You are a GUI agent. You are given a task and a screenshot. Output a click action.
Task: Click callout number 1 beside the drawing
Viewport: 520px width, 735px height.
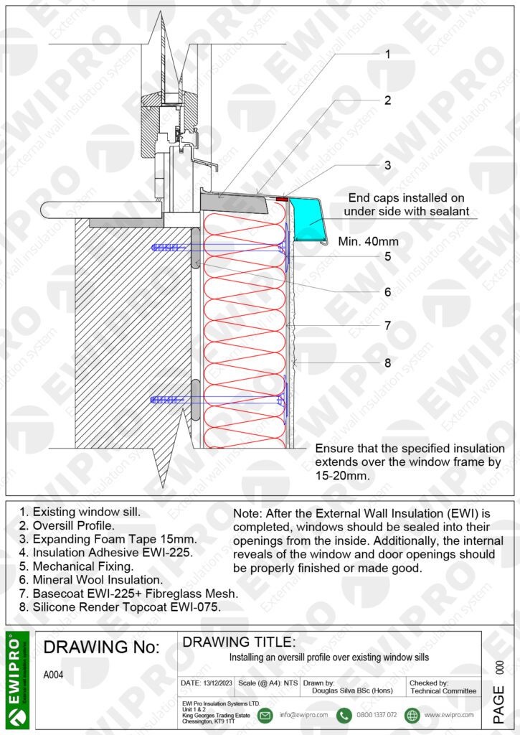(387, 54)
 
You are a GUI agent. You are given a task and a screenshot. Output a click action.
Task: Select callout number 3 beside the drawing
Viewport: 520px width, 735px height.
(387, 165)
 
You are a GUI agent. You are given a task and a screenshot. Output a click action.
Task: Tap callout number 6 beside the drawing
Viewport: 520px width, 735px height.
(387, 292)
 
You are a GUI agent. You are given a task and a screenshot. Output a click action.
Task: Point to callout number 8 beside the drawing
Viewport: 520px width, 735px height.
(387, 362)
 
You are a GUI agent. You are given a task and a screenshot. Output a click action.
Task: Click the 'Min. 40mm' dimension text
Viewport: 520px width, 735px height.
(368, 241)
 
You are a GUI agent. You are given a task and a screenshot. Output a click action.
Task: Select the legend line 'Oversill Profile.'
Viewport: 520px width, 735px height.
(66, 525)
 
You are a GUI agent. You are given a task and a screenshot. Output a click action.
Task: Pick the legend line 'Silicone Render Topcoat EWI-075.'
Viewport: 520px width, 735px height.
(120, 607)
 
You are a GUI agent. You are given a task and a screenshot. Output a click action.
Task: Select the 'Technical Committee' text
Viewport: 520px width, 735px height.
(443, 691)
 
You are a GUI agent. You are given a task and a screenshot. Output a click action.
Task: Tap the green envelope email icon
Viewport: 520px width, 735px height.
(265, 715)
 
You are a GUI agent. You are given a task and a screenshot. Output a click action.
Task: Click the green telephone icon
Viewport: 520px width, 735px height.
(344, 715)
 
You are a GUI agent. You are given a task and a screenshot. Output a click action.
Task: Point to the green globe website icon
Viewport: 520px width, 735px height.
(411, 715)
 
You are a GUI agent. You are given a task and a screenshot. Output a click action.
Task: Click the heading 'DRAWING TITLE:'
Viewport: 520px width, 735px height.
(239, 642)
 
